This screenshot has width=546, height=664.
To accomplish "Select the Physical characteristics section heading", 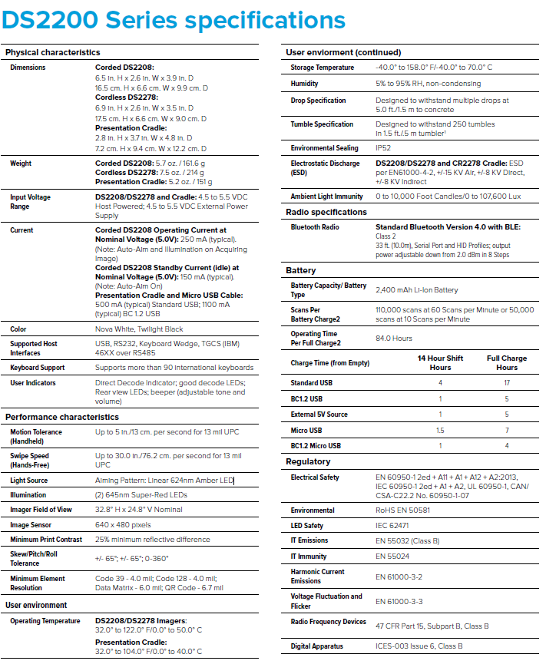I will click(x=53, y=52).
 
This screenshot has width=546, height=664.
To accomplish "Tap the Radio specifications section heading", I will click(x=326, y=212).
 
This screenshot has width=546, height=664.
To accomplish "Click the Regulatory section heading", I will click(x=308, y=461).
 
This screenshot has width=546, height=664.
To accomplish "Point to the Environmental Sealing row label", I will click(x=324, y=148).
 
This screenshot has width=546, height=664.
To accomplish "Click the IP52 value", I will click(x=383, y=148).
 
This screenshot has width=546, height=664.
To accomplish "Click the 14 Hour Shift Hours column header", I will click(x=440, y=362).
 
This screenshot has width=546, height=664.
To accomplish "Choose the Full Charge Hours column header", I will click(x=506, y=362).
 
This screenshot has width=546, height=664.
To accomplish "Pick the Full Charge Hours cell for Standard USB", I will click(x=506, y=382).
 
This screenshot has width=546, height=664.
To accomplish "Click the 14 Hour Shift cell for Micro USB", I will click(x=440, y=430).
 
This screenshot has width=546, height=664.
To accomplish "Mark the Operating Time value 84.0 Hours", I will click(x=395, y=339).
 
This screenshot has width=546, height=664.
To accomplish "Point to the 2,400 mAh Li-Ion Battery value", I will click(x=416, y=290).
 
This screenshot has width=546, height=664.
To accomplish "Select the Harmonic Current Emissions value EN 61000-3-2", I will click(x=399, y=576).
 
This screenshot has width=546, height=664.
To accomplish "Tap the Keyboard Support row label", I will click(x=38, y=368).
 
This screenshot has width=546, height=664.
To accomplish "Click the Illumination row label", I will click(x=28, y=495).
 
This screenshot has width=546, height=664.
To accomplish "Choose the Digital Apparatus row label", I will click(x=317, y=646).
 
